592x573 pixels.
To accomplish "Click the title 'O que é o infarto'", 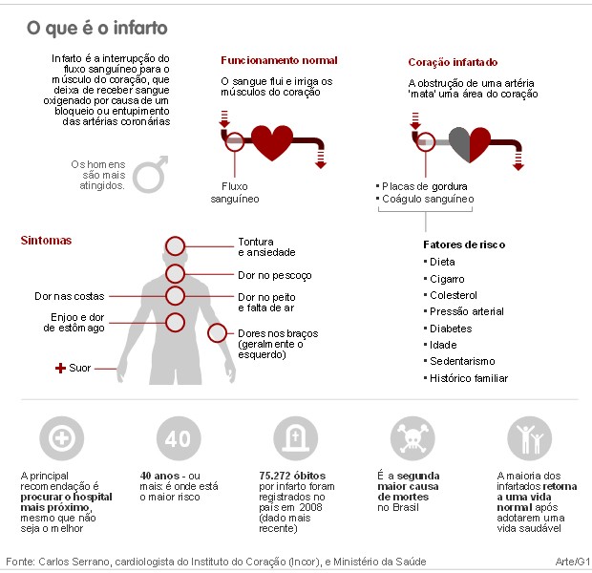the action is pyautogui.click(x=97, y=28).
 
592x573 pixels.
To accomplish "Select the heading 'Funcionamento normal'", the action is pyautogui.click(x=279, y=60).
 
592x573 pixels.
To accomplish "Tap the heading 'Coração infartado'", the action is pyautogui.click(x=453, y=62).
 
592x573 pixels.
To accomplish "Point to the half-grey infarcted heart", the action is pyautogui.click(x=470, y=144).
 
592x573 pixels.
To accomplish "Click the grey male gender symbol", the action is pyautogui.click(x=150, y=174).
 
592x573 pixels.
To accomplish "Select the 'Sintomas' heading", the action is pyautogui.click(x=46, y=241).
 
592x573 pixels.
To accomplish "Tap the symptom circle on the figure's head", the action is pyautogui.click(x=175, y=246).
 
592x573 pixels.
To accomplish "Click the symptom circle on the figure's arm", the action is pyautogui.click(x=217, y=333).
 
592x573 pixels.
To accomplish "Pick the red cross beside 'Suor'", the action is pyautogui.click(x=60, y=368).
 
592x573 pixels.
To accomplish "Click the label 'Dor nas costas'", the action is pyautogui.click(x=70, y=296).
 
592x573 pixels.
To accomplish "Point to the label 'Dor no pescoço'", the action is pyautogui.click(x=275, y=275).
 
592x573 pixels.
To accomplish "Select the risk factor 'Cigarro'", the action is pyautogui.click(x=447, y=279).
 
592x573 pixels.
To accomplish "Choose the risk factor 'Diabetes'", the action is pyautogui.click(x=451, y=329).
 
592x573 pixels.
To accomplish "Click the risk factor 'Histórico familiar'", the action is pyautogui.click(x=469, y=378).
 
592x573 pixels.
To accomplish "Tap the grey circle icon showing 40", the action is pyautogui.click(x=179, y=438).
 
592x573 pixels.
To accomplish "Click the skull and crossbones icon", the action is pyautogui.click(x=412, y=438).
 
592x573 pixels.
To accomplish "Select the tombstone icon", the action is pyautogui.click(x=296, y=438).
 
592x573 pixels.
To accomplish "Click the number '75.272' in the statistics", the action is pyautogui.click(x=274, y=476).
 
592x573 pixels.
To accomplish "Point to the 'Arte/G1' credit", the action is pyautogui.click(x=572, y=562).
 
